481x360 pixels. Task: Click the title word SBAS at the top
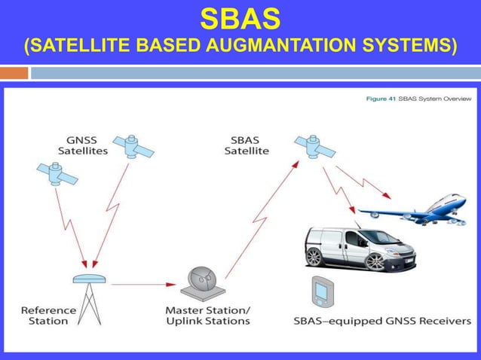coord(240,17)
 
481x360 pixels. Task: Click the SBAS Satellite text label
coord(247,145)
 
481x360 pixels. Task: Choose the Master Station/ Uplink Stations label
coord(207,315)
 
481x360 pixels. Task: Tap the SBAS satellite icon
coord(312,147)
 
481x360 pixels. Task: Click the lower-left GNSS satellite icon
coord(57,174)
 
